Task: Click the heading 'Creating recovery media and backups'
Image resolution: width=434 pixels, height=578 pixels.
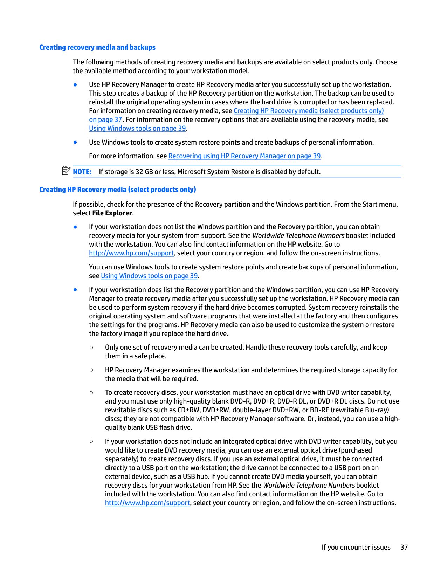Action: [x=97, y=47]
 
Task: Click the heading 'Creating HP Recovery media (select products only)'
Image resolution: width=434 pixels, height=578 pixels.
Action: [x=117, y=190]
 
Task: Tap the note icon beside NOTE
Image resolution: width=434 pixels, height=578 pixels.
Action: [x=66, y=171]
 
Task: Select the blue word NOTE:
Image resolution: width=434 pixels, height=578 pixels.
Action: [x=82, y=172]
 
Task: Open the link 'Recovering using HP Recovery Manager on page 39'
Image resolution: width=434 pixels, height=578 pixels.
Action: [x=244, y=156]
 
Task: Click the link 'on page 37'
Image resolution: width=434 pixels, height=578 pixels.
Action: [x=105, y=120]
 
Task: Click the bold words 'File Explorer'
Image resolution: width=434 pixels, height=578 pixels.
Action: [x=112, y=213]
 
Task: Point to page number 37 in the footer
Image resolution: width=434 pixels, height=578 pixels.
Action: [x=404, y=547]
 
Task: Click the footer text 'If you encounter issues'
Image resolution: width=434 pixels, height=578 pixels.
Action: [x=356, y=547]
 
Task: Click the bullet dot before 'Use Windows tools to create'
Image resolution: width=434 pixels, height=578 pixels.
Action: [x=75, y=142]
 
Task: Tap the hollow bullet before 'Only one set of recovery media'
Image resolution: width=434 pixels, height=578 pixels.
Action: [x=91, y=348]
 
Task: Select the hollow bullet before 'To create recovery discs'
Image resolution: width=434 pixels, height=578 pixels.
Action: [x=91, y=393]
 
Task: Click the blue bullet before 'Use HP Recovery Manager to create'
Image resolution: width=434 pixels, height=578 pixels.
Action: [x=75, y=84]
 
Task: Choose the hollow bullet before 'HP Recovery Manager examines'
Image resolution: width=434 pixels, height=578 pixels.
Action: [x=91, y=370]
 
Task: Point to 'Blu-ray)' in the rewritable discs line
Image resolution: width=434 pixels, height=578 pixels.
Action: [x=377, y=410]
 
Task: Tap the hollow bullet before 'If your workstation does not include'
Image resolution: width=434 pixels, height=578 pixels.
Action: [x=91, y=441]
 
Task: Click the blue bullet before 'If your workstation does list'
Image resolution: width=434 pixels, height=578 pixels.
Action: [x=75, y=290]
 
